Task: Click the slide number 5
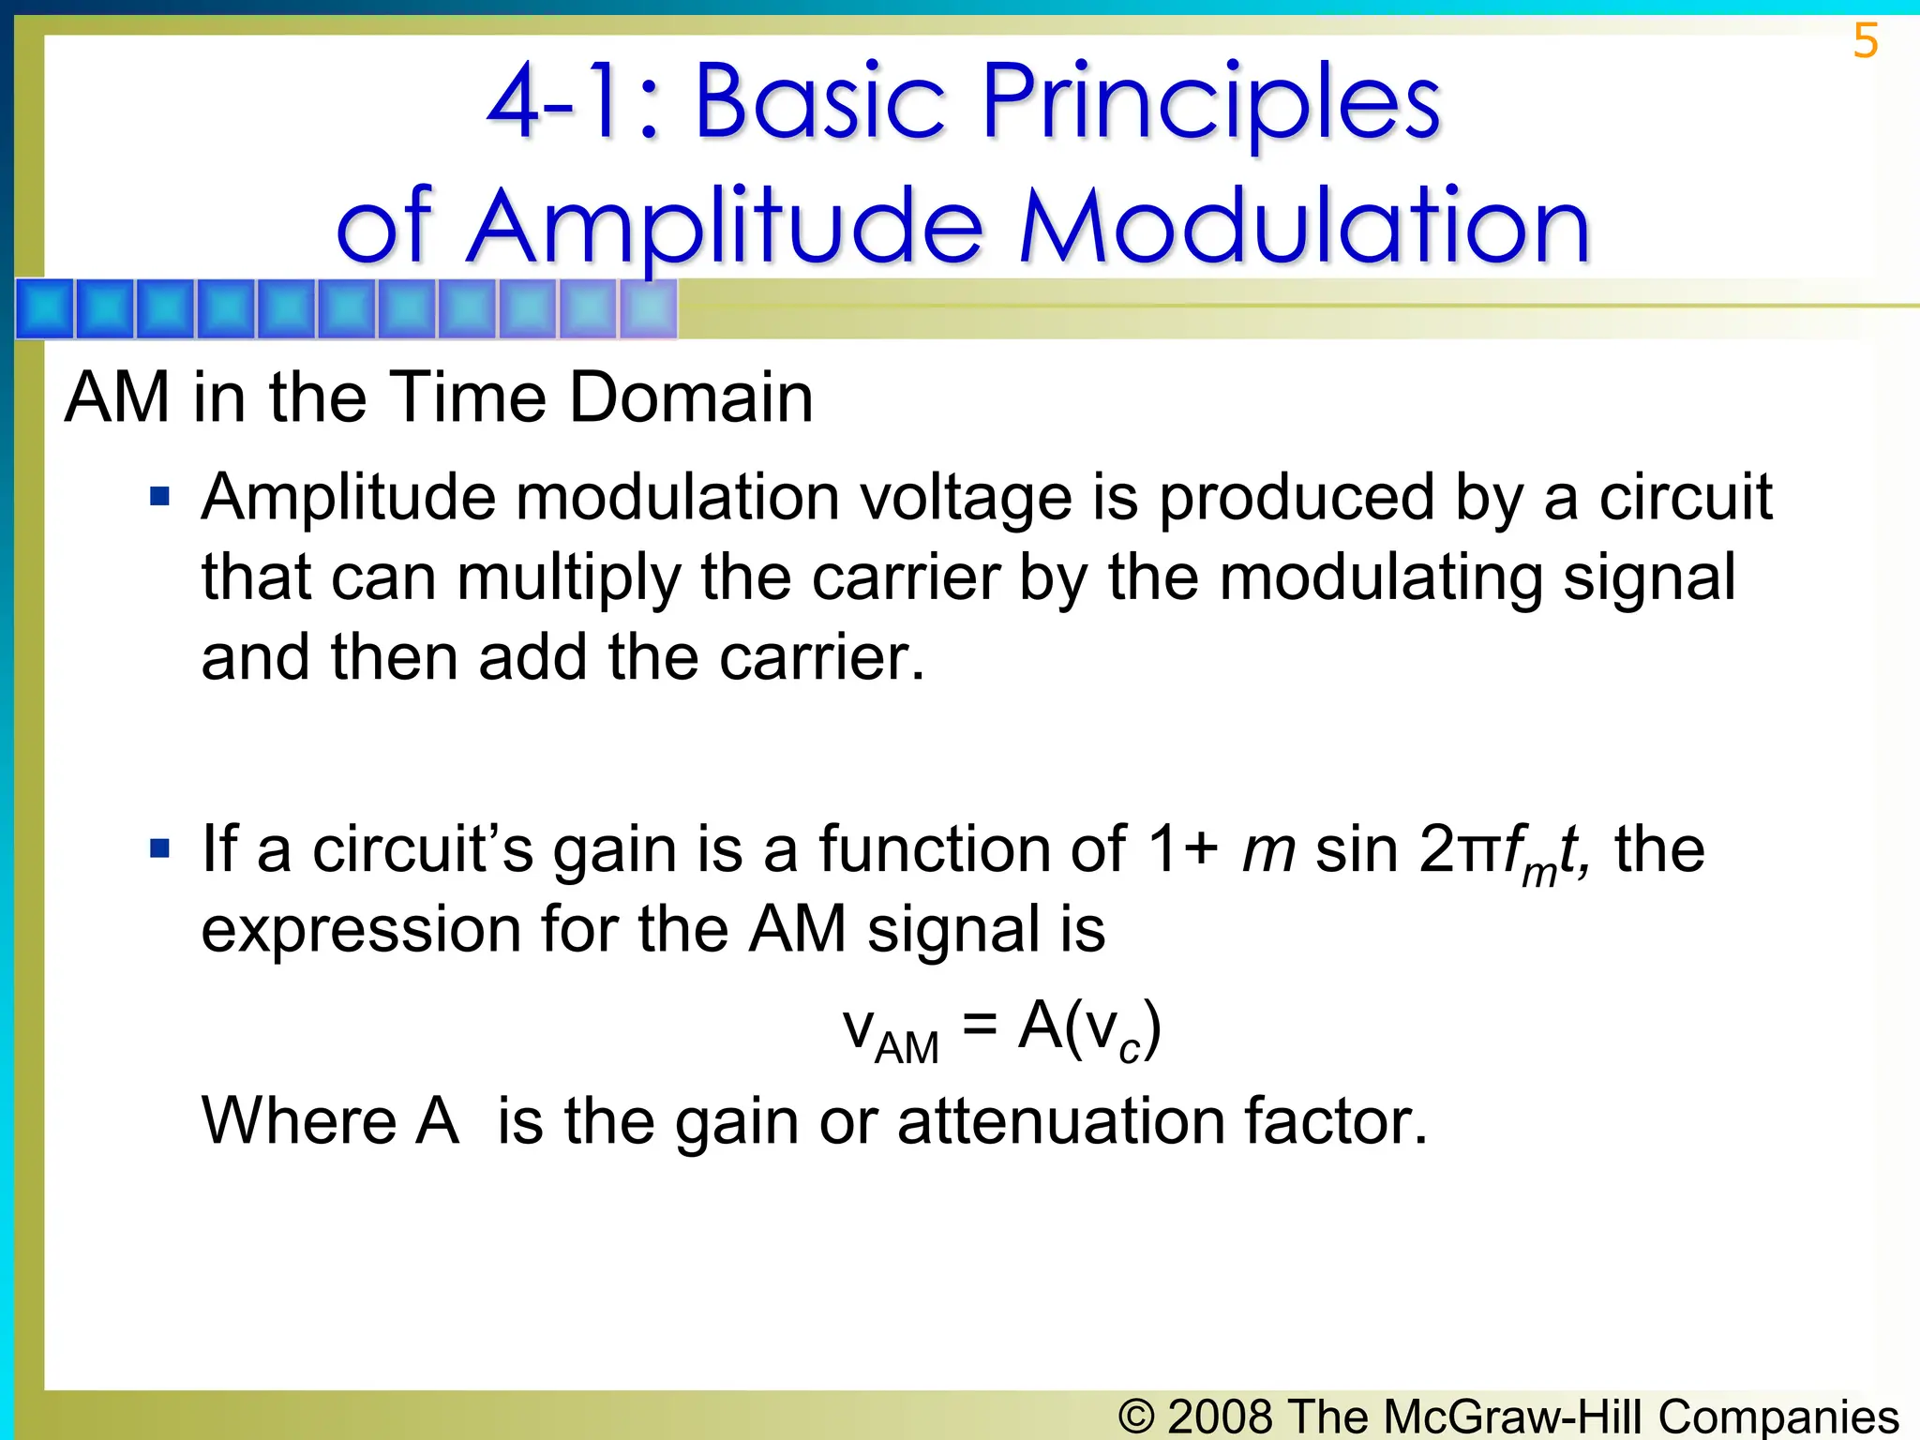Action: (1865, 41)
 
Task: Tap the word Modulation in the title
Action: (1304, 228)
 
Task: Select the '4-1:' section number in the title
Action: (572, 101)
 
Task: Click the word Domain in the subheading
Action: (691, 397)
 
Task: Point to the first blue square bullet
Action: (160, 495)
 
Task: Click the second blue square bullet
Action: (160, 849)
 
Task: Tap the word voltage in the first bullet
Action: (966, 497)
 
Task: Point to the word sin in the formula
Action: (1356, 849)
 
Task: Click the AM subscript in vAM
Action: (906, 1047)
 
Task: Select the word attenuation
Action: (1060, 1121)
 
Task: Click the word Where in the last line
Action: (299, 1121)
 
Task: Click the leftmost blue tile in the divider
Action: (45, 308)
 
